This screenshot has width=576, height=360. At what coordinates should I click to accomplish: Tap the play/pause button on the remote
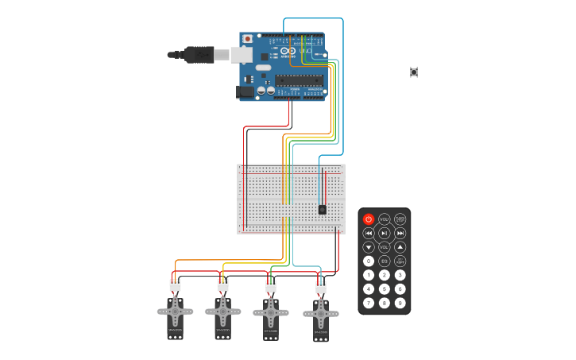pyautogui.click(x=385, y=233)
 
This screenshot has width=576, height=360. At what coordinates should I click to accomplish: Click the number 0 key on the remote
pyautogui.click(x=369, y=261)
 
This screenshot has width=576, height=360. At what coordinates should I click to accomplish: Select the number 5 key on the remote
pyautogui.click(x=385, y=288)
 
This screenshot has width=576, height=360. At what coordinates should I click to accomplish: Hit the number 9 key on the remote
pyautogui.click(x=400, y=303)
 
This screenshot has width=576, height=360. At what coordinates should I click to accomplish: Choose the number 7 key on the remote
pyautogui.click(x=369, y=303)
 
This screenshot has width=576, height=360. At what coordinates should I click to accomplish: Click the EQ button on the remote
pyautogui.click(x=385, y=261)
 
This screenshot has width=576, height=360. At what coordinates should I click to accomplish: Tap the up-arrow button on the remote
pyautogui.click(x=400, y=247)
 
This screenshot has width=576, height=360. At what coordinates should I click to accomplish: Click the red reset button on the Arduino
pyautogui.click(x=248, y=38)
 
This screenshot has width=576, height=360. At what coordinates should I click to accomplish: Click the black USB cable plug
pyautogui.click(x=199, y=54)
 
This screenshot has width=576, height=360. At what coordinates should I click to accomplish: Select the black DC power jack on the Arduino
pyautogui.click(x=245, y=91)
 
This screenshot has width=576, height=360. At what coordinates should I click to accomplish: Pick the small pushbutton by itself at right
pyautogui.click(x=414, y=72)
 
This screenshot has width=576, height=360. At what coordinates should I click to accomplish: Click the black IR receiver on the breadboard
pyautogui.click(x=322, y=209)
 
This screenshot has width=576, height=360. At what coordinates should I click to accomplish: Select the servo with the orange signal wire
pyautogui.click(x=175, y=316)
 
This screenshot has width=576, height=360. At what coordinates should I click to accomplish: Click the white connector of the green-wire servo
pyautogui.click(x=271, y=286)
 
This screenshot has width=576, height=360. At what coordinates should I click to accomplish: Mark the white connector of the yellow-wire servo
pyautogui.click(x=223, y=285)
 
